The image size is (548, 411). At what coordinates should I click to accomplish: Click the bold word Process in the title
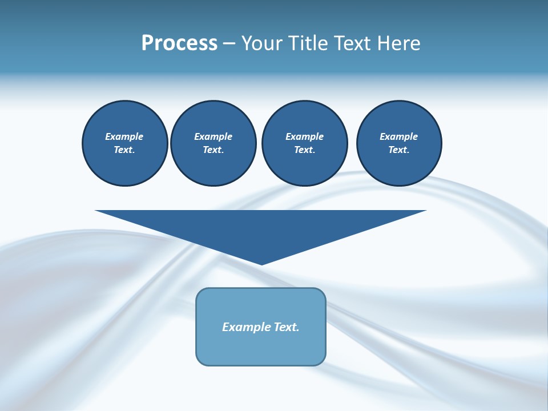pos(179,43)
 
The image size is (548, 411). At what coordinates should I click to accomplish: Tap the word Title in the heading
pos(307,43)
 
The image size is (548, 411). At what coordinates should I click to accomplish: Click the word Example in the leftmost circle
pos(124,136)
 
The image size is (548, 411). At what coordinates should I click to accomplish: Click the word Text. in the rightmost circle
pos(399,150)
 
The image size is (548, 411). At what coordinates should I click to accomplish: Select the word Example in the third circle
pos(304,136)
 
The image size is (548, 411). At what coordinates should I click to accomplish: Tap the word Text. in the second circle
pos(213,150)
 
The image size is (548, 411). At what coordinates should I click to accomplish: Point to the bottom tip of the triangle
pos(261,263)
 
